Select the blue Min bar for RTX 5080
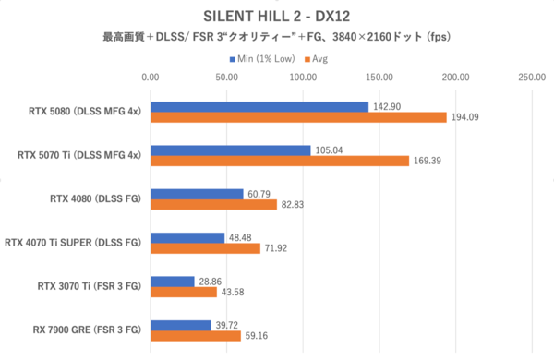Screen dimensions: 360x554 click(259, 107)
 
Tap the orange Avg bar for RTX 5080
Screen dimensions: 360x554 click(298, 117)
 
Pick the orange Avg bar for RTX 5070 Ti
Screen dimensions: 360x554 click(280, 161)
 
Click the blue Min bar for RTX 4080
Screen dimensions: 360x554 click(197, 194)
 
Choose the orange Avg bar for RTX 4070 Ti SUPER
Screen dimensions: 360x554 click(205, 248)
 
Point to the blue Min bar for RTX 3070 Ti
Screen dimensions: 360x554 click(173, 281)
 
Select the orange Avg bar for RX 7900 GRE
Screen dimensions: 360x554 click(196, 335)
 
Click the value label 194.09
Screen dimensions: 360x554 click(464, 117)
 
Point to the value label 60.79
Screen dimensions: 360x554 click(259, 194)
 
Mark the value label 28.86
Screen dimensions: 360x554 click(210, 281)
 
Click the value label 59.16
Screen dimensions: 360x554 click(257, 335)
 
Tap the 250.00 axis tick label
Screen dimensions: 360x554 click(531, 78)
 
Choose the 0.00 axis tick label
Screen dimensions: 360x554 click(151, 78)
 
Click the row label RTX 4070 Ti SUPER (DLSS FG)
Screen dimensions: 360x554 click(72, 243)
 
